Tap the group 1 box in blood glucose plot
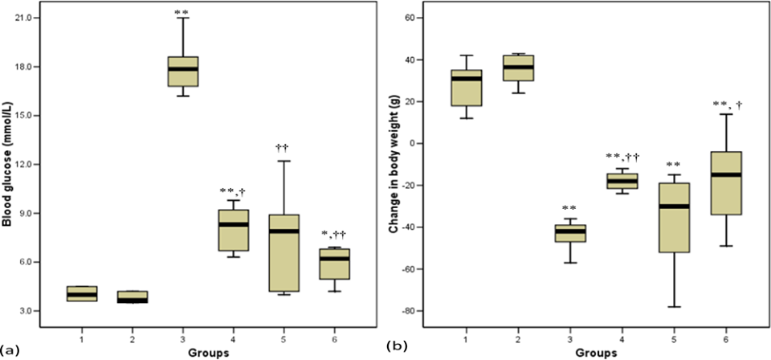81,293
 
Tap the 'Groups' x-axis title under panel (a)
208,351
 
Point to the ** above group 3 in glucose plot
183,12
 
